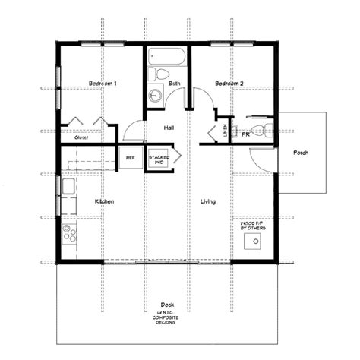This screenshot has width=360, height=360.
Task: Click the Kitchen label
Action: (x=104, y=201)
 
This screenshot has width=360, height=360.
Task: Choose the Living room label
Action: (x=208, y=201)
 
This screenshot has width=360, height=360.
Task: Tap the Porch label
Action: (x=301, y=153)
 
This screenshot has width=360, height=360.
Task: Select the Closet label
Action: (x=82, y=138)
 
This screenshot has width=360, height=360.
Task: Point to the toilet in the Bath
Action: (x=155, y=74)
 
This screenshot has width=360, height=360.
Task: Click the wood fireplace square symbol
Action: (x=250, y=242)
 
